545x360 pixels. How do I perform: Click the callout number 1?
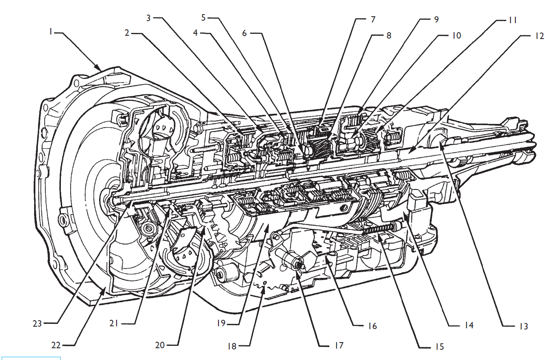click(x=51, y=31)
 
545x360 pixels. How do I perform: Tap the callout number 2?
click(x=127, y=33)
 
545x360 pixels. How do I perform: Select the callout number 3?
click(x=149, y=18)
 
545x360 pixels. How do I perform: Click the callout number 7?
click(x=373, y=19)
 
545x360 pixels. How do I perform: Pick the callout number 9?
click(x=436, y=19)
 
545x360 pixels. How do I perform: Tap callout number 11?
click(x=512, y=20)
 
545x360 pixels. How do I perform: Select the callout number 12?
click(x=539, y=36)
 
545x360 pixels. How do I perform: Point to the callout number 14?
click(x=469, y=325)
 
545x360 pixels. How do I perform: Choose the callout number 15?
click(x=439, y=347)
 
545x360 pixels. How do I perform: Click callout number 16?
click(x=372, y=325)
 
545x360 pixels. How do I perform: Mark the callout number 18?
click(x=232, y=346)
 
